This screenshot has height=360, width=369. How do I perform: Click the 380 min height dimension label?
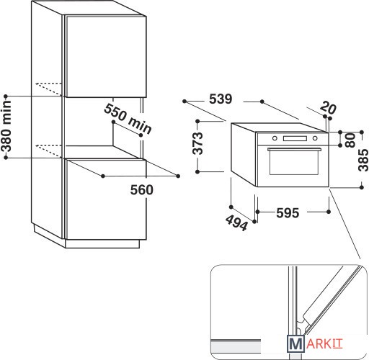6,126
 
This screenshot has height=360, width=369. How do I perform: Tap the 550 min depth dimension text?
128,119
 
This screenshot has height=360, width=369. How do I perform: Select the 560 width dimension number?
142,189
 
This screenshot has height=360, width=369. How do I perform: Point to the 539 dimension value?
221,99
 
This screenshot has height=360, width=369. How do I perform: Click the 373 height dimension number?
198,143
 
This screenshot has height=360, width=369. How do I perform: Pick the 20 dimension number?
328,108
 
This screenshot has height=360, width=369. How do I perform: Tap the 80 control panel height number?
350,140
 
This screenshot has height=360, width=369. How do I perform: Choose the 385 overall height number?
363,160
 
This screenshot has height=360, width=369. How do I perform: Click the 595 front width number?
288,213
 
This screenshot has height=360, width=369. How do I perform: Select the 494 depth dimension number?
236,222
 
